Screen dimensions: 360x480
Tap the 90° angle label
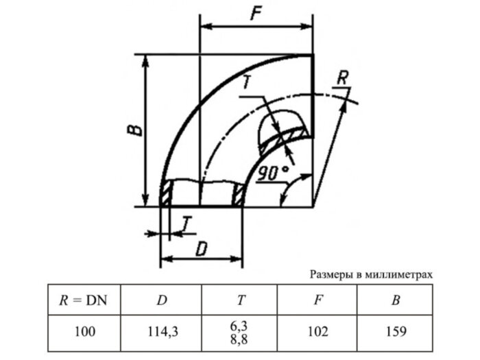(273, 174)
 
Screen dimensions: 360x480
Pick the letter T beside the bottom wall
(187, 224)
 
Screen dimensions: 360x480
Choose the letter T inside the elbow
(249, 84)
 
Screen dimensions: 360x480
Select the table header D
(162, 299)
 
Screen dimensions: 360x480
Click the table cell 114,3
(162, 331)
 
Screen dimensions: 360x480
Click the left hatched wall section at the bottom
(165, 194)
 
